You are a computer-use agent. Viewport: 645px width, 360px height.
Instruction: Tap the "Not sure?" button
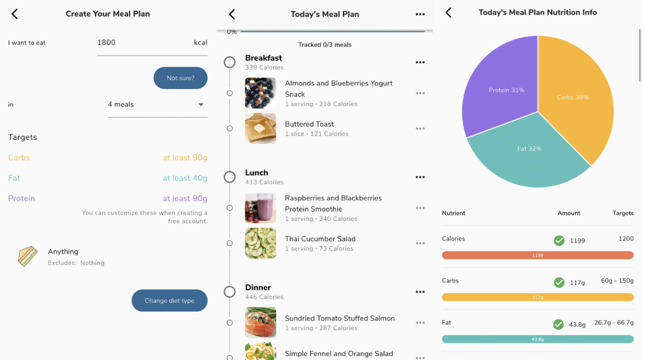point(180,78)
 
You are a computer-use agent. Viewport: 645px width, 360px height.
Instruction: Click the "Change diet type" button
point(169,300)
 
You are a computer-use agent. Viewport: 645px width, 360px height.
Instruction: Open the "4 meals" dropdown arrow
point(201,104)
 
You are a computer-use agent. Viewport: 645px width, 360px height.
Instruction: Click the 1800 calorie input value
point(106,43)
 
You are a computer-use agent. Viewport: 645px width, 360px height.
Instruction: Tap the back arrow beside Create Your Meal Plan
point(15,14)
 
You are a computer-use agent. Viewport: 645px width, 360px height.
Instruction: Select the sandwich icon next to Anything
point(28,256)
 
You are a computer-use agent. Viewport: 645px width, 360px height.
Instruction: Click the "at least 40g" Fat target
point(185,178)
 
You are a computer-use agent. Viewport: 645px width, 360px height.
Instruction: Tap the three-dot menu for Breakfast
point(420,62)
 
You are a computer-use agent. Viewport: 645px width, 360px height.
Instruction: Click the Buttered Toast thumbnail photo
point(260,128)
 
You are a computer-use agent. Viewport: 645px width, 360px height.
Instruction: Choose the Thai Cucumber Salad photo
point(260,243)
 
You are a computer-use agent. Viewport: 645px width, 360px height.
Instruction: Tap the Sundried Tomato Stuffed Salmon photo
point(260,322)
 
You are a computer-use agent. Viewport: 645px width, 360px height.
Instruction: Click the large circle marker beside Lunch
point(230,177)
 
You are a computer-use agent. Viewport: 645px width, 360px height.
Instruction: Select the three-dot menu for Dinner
point(420,292)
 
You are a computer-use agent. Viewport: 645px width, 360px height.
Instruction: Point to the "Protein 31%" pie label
point(506,90)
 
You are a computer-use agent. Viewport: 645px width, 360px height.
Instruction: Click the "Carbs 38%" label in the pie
point(573,97)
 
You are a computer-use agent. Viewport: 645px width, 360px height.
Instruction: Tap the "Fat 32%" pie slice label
point(529,149)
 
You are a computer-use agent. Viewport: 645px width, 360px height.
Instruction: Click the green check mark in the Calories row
point(559,240)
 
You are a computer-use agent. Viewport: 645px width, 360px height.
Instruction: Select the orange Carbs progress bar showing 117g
point(537,297)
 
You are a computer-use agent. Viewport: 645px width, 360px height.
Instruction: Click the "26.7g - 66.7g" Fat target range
point(614,323)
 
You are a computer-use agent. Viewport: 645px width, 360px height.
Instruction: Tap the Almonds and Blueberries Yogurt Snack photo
point(260,93)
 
